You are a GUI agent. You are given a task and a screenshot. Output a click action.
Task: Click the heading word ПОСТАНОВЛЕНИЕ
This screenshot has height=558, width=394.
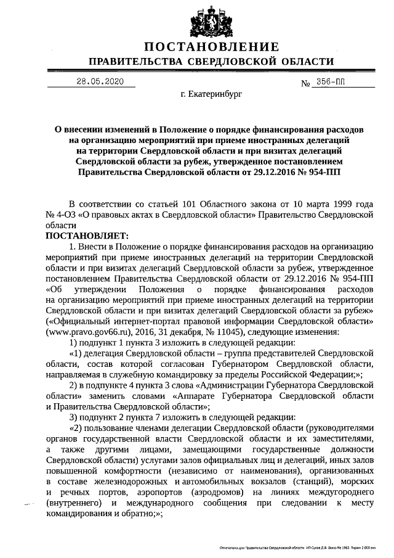point(212,47)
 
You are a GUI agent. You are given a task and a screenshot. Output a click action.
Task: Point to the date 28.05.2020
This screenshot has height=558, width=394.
point(100,82)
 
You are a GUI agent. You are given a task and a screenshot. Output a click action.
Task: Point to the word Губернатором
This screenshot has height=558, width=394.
point(237,364)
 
